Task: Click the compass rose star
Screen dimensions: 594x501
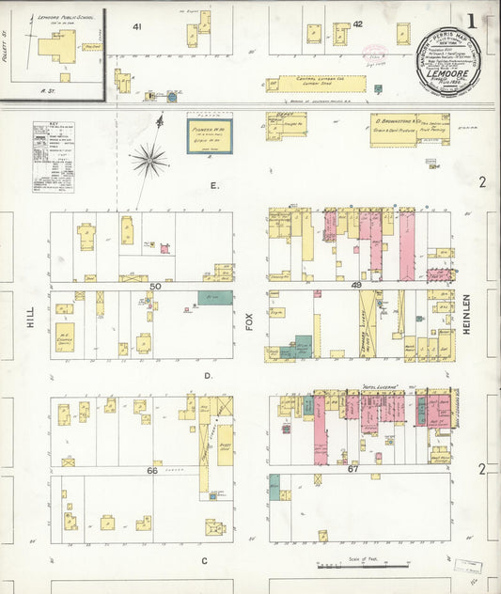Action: click(x=149, y=160)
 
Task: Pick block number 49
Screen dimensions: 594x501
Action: click(x=355, y=284)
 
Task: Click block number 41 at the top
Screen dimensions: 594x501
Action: click(x=136, y=26)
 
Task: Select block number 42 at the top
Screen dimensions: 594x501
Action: click(x=357, y=24)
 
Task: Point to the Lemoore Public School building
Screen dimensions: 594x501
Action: click(x=63, y=47)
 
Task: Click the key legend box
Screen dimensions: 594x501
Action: click(x=54, y=157)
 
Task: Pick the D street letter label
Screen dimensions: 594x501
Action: click(x=209, y=375)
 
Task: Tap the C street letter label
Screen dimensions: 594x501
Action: click(x=203, y=559)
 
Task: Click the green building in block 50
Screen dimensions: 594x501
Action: click(x=215, y=298)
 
